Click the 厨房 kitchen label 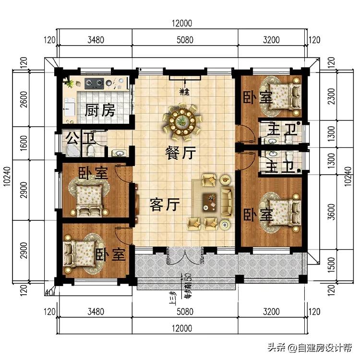point(100,111)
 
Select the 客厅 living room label point(165,205)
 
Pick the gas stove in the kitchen point(94,83)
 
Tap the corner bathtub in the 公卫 point(73,150)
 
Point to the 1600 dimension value point(24,143)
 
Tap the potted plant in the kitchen point(70,84)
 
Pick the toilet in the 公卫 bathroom point(90,151)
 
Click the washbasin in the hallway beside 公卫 point(118,153)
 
